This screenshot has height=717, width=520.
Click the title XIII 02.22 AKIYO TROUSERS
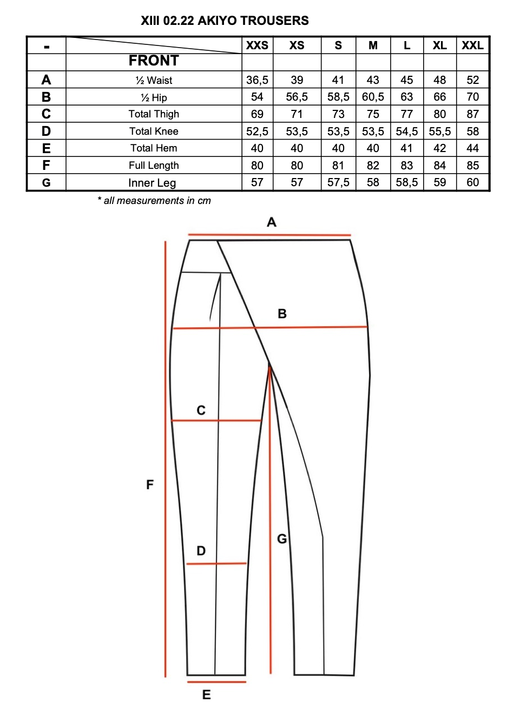click(x=225, y=21)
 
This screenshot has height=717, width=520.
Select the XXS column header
click(x=257, y=45)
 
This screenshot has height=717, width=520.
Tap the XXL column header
click(x=472, y=45)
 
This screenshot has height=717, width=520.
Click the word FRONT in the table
click(x=154, y=61)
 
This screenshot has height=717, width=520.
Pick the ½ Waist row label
click(x=154, y=80)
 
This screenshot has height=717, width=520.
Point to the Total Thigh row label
click(x=154, y=114)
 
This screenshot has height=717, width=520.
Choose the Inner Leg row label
click(x=152, y=183)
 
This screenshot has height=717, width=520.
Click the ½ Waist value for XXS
click(x=257, y=80)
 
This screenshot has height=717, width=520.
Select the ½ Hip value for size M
click(x=373, y=97)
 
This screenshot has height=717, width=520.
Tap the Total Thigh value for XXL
click(x=472, y=114)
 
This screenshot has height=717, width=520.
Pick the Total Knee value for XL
click(x=439, y=131)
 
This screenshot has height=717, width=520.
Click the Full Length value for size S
click(x=338, y=166)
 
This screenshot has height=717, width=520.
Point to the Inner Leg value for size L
click(x=406, y=182)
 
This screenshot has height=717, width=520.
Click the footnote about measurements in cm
click(x=154, y=201)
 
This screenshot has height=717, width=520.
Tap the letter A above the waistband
click(x=272, y=222)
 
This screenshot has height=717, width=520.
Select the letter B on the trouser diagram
click(x=282, y=314)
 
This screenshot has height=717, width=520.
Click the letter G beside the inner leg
click(x=282, y=538)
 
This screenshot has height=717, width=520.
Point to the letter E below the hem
click(x=206, y=695)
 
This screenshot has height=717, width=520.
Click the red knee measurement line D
click(x=216, y=564)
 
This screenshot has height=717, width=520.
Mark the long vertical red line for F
click(x=166, y=460)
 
